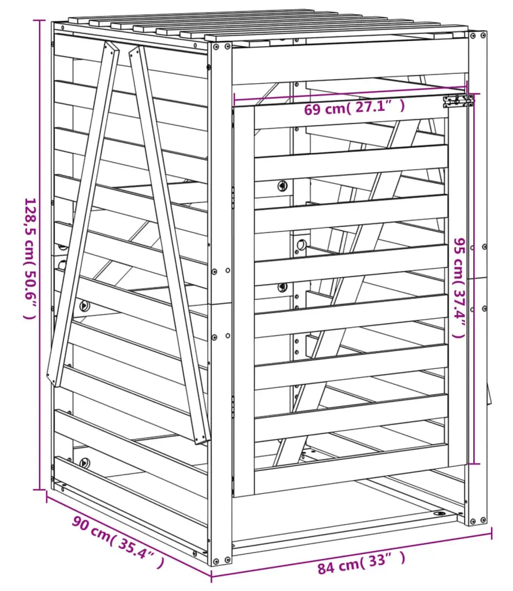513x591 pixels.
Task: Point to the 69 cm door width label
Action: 354,108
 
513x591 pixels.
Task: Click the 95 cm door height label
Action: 460,287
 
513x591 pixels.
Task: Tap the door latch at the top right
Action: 458,101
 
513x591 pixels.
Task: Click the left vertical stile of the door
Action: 244,301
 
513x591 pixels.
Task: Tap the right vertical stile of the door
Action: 457,283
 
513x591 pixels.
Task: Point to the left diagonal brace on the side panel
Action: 83,214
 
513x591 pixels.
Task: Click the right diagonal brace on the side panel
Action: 169,245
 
